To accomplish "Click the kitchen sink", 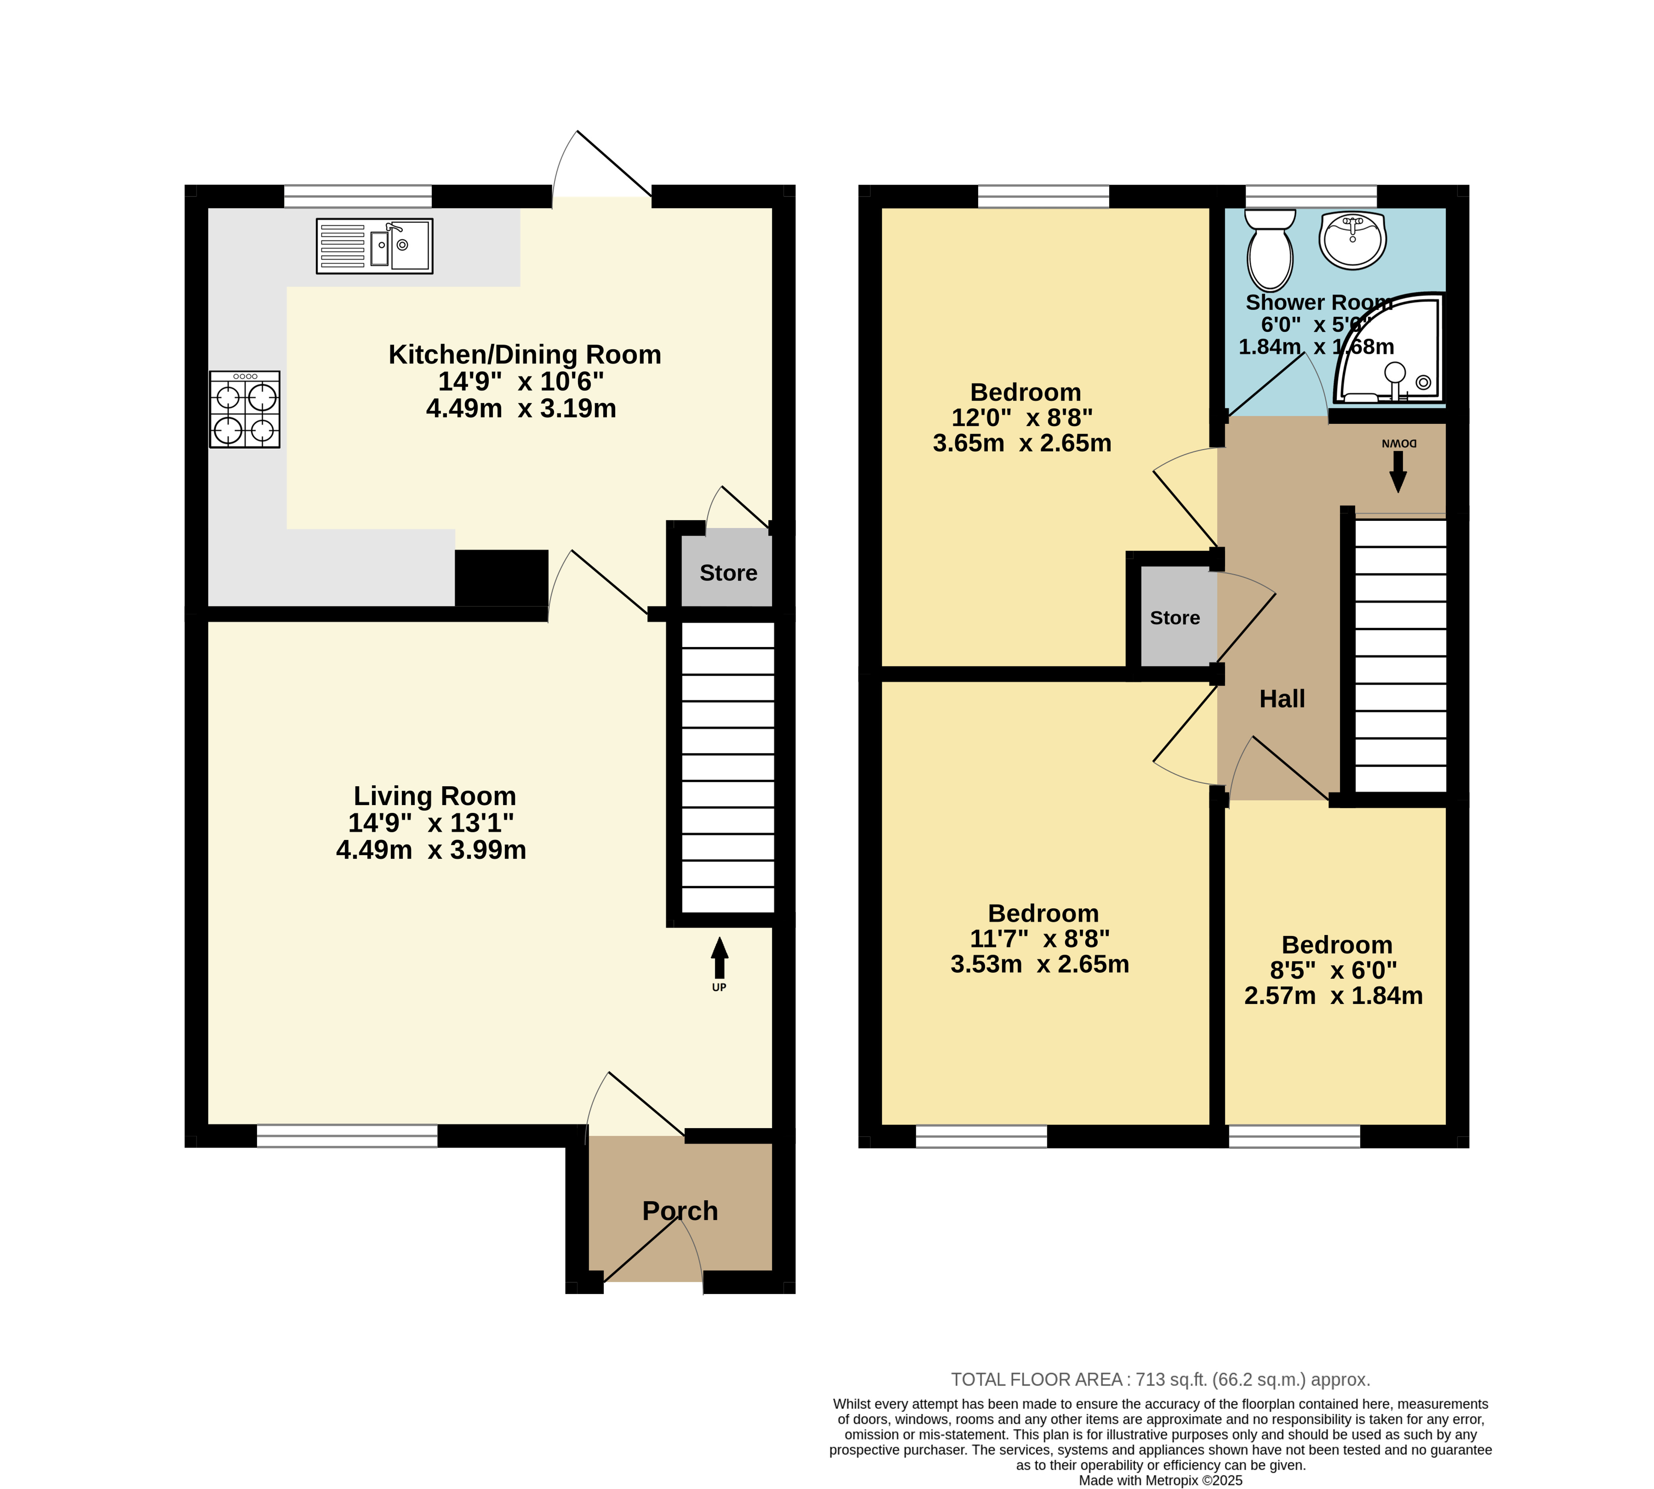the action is [374, 246].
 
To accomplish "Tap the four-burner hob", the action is [245, 409].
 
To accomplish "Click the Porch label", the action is [680, 1211].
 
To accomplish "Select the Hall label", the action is [1281, 699].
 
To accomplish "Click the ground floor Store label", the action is [728, 573].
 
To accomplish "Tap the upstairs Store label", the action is [1174, 618].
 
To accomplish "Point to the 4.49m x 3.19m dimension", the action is [521, 408].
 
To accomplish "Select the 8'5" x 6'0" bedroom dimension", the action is [1333, 970].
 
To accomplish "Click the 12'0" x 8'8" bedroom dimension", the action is [1022, 418].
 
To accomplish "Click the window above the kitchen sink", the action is [358, 196].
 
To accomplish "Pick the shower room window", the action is [1311, 196].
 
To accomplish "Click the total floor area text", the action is [1161, 1379].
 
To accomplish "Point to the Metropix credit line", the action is [1161, 1480].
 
